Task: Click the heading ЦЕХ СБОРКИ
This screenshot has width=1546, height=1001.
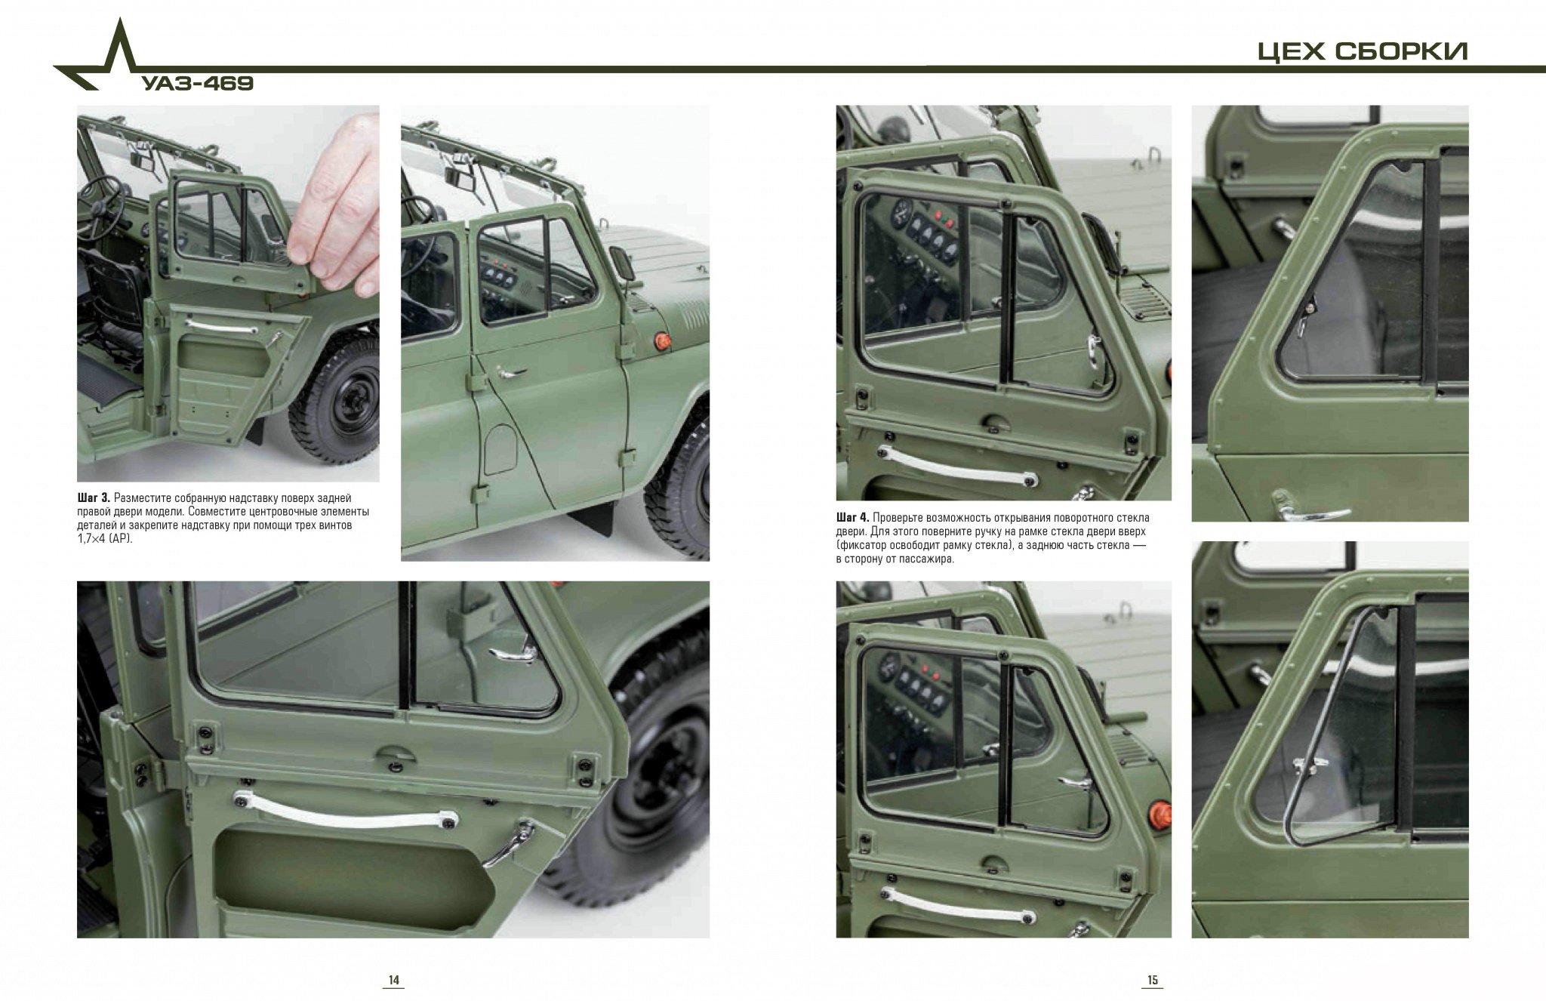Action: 1363,51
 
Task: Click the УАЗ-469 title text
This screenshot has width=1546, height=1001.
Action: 198,83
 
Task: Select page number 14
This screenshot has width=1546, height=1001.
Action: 393,981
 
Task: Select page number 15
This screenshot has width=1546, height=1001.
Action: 1153,981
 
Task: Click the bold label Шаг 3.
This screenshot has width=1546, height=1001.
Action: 94,498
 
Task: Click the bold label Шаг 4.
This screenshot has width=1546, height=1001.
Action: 854,518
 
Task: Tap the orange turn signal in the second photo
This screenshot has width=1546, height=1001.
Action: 661,341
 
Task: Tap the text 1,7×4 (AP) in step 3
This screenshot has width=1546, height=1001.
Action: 105,539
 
